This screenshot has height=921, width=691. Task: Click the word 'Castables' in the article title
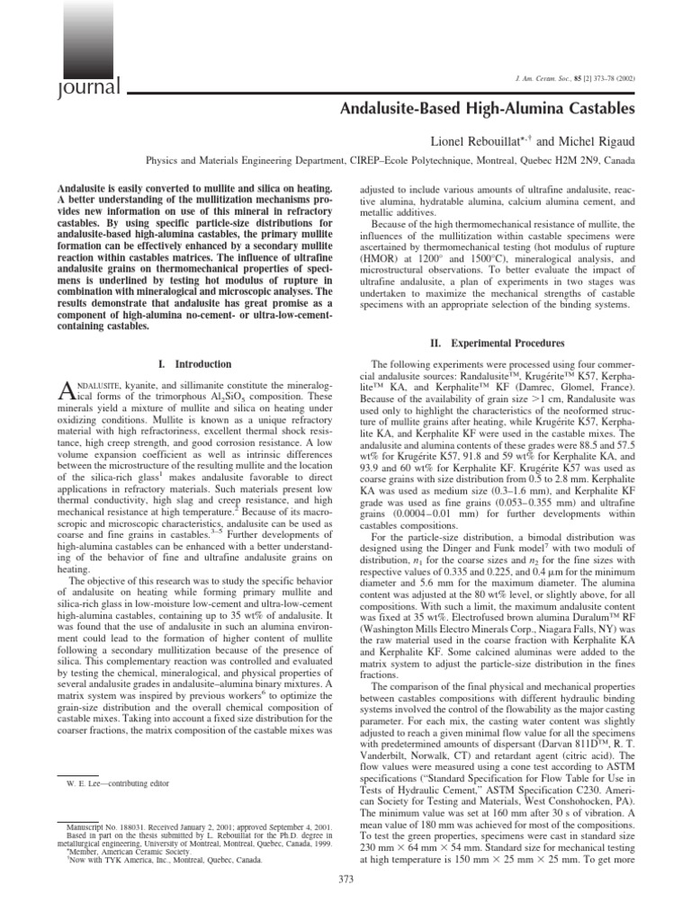coord(605,109)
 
